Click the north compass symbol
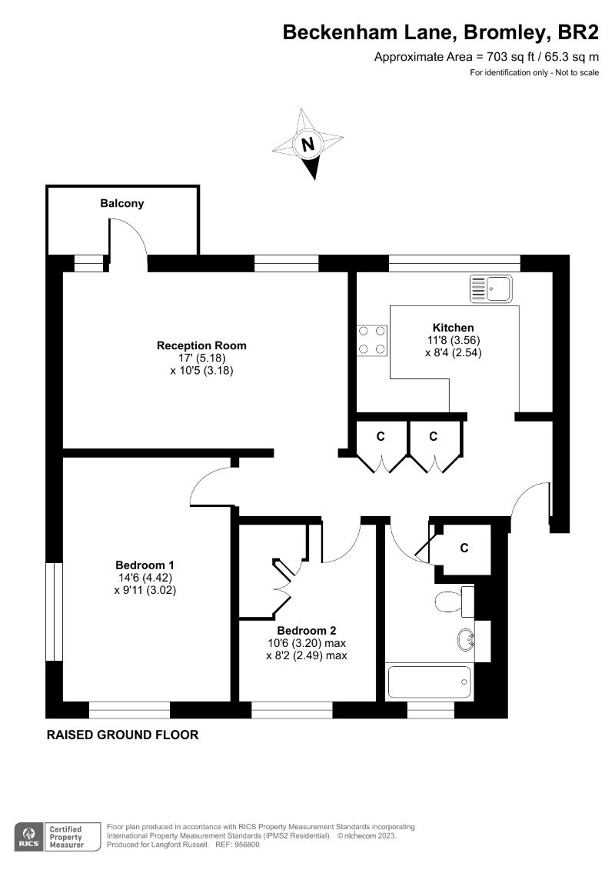(307, 144)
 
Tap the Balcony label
(121, 204)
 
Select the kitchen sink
(490, 288)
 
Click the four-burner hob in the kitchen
(371, 340)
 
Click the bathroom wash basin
(465, 638)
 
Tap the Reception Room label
(201, 345)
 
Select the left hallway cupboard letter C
(380, 437)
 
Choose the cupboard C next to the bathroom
(464, 548)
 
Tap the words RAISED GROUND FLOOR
(123, 735)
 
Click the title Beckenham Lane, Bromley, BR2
(440, 32)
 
